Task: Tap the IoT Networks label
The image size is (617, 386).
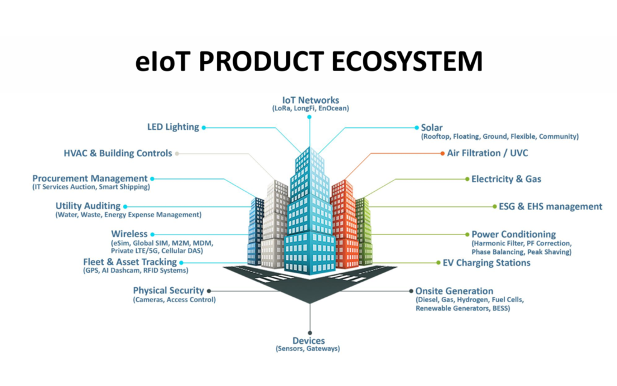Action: click(x=310, y=100)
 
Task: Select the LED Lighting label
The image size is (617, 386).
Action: click(x=173, y=127)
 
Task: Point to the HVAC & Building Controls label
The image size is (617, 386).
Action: click(x=118, y=153)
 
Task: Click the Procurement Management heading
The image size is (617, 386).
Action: click(x=90, y=179)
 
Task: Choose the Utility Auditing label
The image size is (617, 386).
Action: click(x=88, y=206)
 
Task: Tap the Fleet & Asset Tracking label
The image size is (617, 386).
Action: click(x=130, y=262)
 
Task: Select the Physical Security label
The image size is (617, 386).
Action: click(x=169, y=290)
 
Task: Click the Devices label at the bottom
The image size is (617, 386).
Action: click(x=309, y=341)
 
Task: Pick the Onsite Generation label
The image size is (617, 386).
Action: click(x=454, y=291)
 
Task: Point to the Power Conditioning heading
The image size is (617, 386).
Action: click(x=513, y=234)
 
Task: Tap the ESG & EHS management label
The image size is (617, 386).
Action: click(x=550, y=206)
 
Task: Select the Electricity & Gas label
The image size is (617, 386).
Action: click(x=506, y=179)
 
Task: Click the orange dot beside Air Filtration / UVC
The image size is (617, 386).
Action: click(x=442, y=153)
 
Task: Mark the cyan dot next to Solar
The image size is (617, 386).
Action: click(x=415, y=127)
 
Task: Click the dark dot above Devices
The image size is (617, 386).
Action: click(x=310, y=332)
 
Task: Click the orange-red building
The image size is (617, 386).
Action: click(x=344, y=223)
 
